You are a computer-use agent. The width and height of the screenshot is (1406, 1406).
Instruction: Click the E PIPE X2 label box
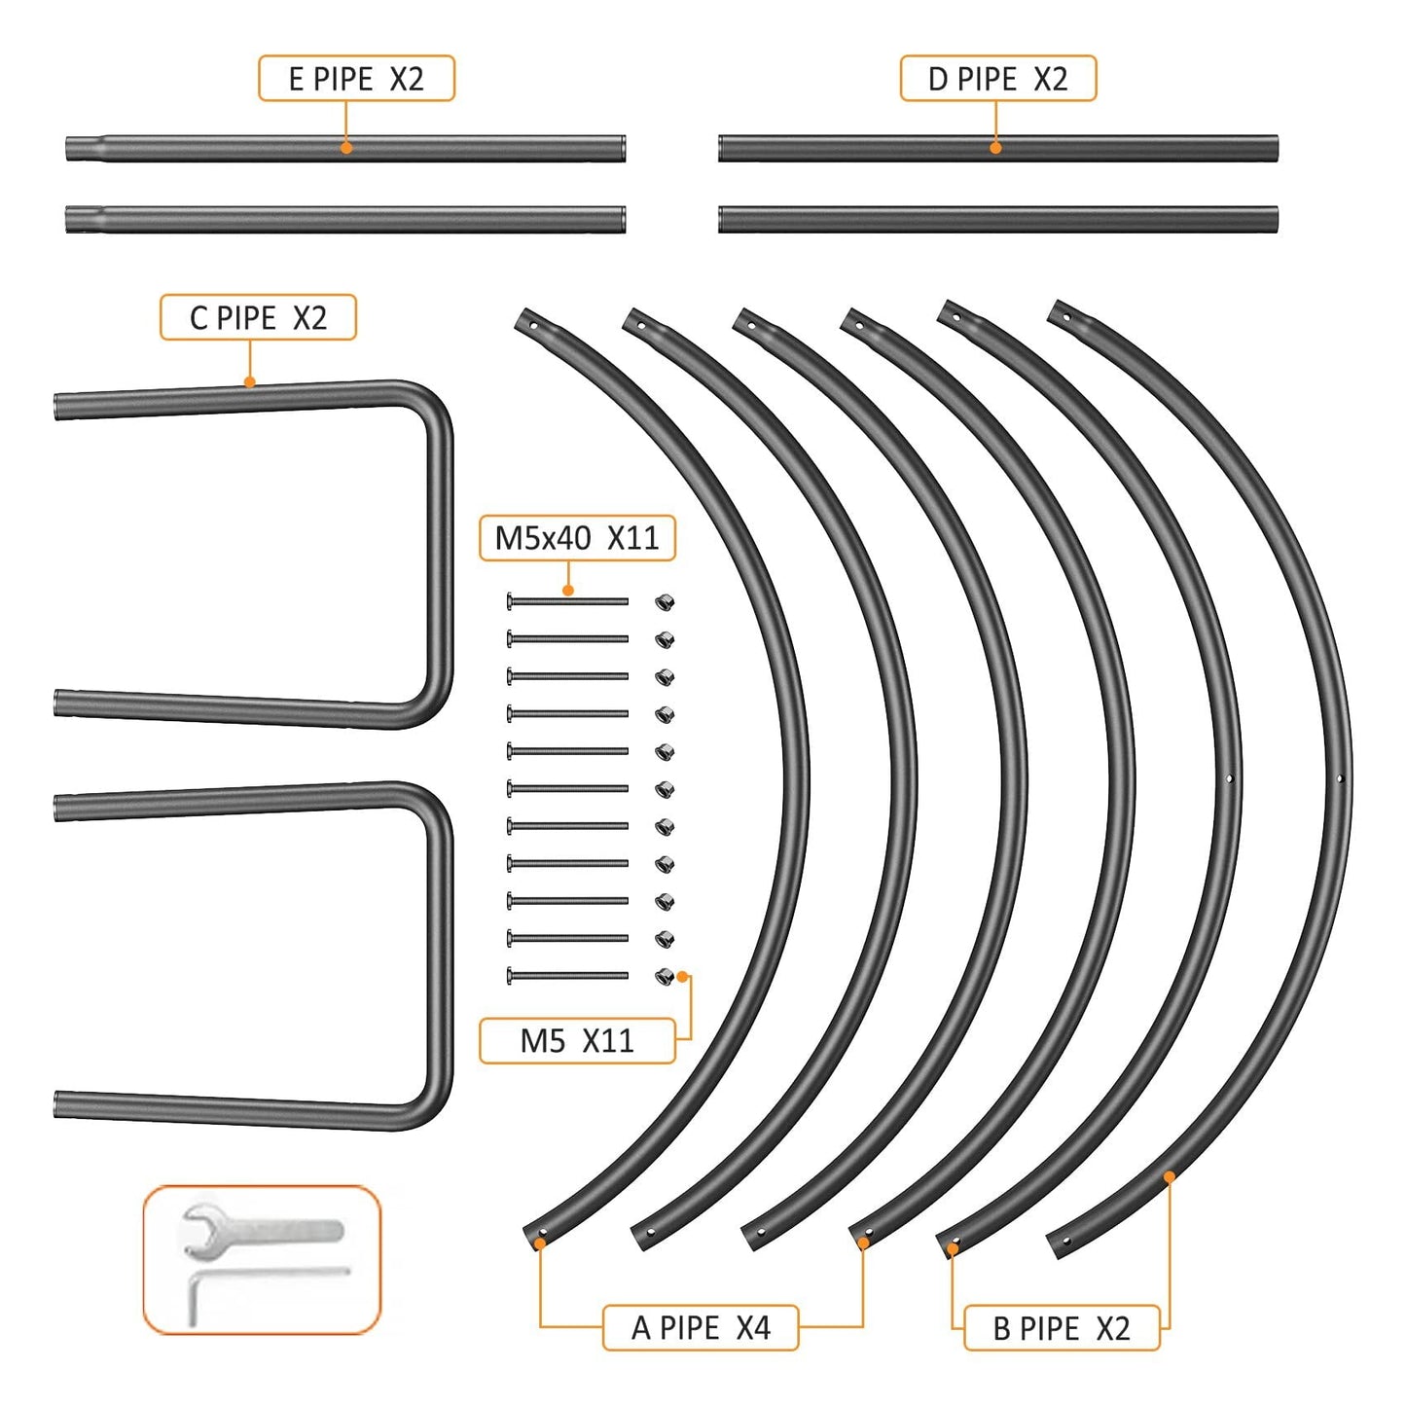click(x=356, y=78)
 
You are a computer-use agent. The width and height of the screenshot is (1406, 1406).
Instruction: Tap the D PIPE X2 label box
click(x=997, y=78)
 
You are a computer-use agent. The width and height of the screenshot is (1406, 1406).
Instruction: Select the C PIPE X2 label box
click(x=258, y=317)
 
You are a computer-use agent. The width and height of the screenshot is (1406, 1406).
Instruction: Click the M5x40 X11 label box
click(x=577, y=538)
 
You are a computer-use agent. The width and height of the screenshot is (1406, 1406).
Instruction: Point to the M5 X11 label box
click(x=577, y=1040)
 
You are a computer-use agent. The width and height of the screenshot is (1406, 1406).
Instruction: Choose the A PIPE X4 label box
click(x=701, y=1328)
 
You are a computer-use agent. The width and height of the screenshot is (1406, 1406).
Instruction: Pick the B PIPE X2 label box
click(x=1062, y=1328)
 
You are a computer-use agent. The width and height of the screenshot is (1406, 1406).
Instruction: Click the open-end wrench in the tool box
click(x=261, y=1231)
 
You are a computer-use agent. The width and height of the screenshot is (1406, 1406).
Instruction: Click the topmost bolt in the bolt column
click(x=567, y=601)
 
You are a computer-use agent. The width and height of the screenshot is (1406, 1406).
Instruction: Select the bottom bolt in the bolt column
click(x=567, y=975)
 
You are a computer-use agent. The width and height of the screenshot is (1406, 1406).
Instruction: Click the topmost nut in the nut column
click(x=664, y=602)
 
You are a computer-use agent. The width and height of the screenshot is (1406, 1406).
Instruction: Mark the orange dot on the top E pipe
click(x=346, y=147)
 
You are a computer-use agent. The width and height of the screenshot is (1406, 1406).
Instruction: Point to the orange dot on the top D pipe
click(x=995, y=147)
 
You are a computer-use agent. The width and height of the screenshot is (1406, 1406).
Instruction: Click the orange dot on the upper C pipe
click(x=249, y=381)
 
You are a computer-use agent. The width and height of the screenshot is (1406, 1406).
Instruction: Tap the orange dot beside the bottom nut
click(x=682, y=976)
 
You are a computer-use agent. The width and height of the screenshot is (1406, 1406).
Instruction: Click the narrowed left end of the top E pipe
click(x=85, y=149)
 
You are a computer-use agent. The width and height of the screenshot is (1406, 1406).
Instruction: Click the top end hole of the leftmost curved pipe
click(x=533, y=325)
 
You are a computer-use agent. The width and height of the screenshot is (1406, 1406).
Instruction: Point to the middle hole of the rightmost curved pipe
click(x=1340, y=778)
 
